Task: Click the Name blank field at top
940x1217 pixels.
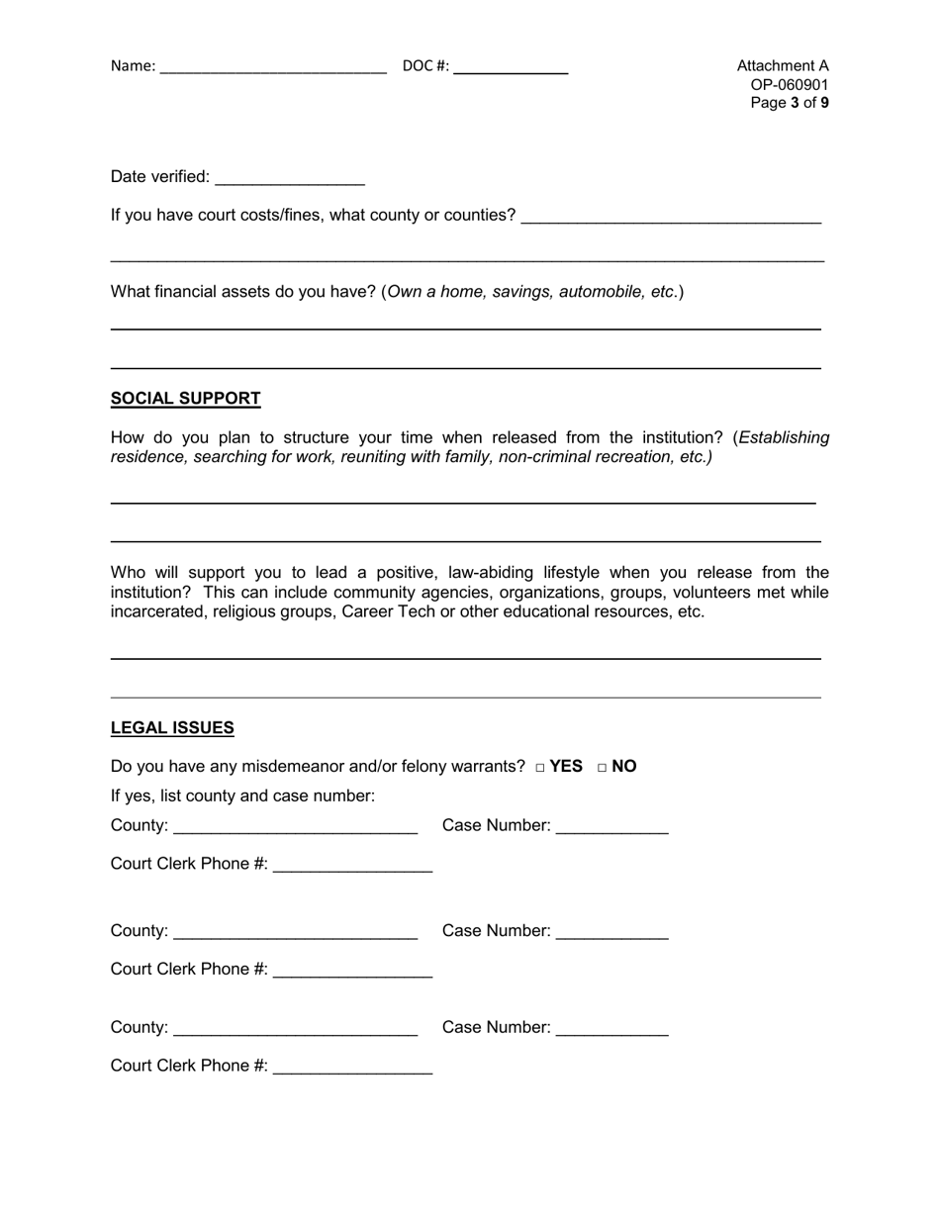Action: click(272, 67)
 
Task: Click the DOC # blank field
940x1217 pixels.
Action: click(511, 67)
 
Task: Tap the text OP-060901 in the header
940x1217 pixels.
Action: click(790, 84)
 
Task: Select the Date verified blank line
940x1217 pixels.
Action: click(289, 178)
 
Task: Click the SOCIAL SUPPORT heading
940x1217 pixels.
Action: click(186, 399)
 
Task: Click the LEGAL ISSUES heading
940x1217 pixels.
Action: click(172, 728)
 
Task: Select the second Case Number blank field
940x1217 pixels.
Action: click(612, 932)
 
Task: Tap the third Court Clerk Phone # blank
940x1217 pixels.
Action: click(352, 1068)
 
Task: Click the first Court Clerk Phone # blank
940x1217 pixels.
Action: click(352, 866)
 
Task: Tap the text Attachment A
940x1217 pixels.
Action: click(783, 66)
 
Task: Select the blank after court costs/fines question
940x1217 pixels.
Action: click(671, 217)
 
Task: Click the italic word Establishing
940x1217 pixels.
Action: click(785, 437)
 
